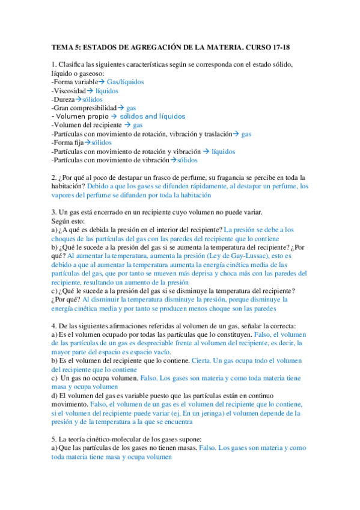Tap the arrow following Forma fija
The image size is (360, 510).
coord(87,143)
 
